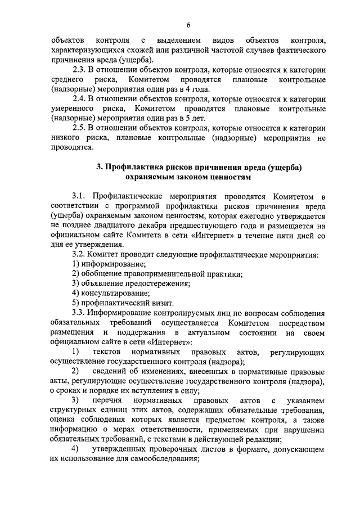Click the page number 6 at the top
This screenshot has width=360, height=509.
188,25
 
